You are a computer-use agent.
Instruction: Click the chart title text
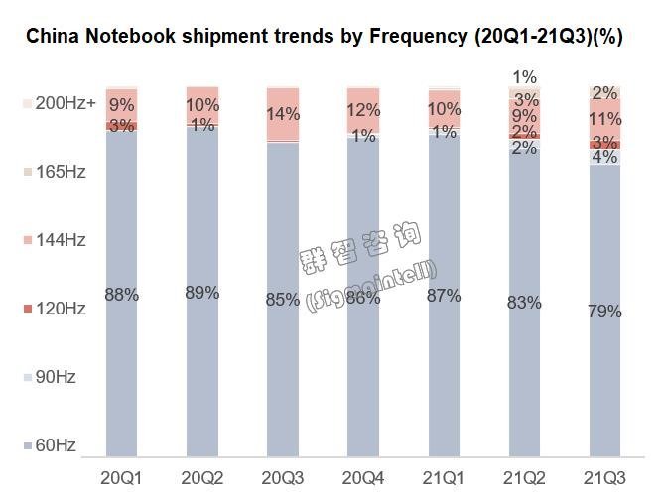click(324, 37)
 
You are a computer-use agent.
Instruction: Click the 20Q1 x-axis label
click(121, 477)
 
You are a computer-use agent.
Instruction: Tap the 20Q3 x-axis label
click(282, 477)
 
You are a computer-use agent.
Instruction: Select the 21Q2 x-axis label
click(525, 477)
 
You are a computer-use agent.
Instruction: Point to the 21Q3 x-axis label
click(605, 477)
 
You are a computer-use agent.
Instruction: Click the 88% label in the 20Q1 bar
click(121, 295)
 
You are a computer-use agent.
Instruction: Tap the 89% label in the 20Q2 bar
click(202, 293)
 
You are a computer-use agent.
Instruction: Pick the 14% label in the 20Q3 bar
click(283, 114)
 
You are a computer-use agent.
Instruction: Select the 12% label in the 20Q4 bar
click(363, 111)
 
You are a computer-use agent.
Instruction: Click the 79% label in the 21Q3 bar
click(605, 312)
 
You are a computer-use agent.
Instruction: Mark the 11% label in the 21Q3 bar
click(605, 120)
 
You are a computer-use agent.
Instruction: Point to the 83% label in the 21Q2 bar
click(525, 303)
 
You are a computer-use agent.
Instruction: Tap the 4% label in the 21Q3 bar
click(605, 157)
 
